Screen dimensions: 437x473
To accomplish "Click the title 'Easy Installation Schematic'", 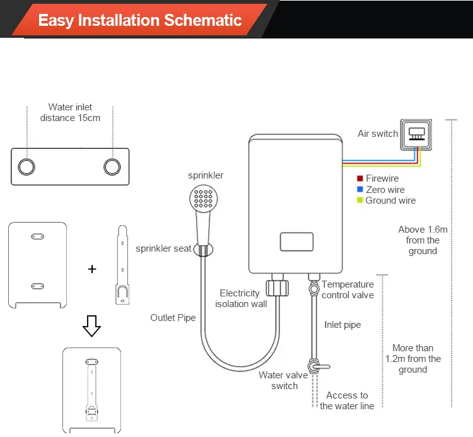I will [x=139, y=20].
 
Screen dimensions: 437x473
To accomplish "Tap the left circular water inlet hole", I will [x=26, y=166].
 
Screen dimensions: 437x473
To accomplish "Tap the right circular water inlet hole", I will [x=112, y=166].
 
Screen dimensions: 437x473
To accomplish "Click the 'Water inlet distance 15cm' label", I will [x=70, y=112].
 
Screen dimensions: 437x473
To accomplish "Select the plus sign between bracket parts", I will [x=92, y=269].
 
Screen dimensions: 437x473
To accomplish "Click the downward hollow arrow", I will [x=92, y=326].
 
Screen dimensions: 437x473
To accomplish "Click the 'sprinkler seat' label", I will [x=163, y=248].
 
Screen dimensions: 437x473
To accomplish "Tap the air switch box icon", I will [x=416, y=134].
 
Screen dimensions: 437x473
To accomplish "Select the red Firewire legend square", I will [x=360, y=178].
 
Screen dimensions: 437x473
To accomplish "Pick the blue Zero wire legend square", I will [x=360, y=189].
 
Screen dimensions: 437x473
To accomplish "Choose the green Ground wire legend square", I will [x=360, y=200].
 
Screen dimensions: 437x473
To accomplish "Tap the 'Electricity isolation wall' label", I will [x=240, y=298].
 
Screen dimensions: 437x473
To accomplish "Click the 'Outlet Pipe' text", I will [x=173, y=318].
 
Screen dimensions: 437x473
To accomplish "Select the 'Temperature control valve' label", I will [x=347, y=289].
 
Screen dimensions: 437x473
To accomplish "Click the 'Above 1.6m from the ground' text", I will [x=423, y=240].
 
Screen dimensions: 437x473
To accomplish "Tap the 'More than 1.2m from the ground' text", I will [x=413, y=358].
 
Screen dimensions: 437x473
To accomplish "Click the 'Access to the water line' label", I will [x=347, y=400].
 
